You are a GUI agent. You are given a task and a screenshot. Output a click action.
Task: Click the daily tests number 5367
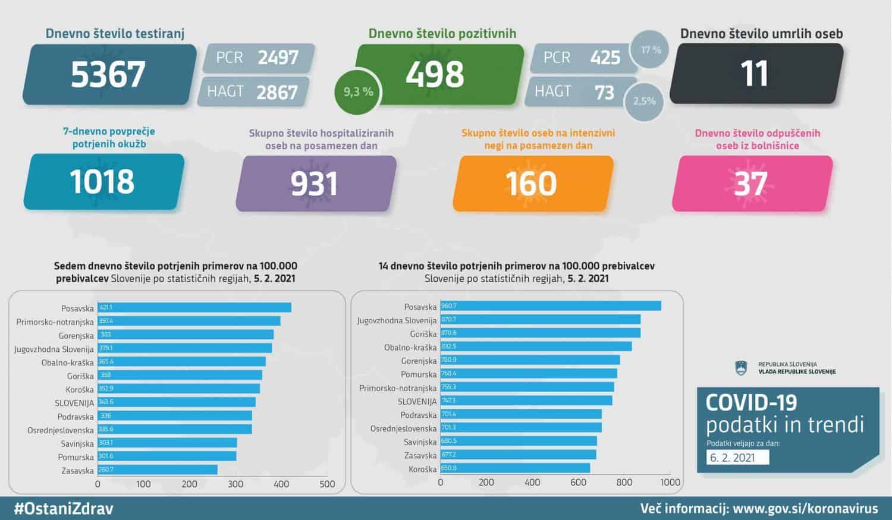(x=108, y=74)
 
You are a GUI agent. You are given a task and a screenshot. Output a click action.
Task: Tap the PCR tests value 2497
(x=278, y=58)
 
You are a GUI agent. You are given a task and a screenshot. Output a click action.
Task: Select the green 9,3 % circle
(x=358, y=92)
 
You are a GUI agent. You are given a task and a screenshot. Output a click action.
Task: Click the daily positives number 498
(x=435, y=74)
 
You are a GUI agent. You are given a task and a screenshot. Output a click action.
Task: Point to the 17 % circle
(x=651, y=50)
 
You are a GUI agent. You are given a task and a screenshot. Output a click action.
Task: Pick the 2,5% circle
(x=644, y=101)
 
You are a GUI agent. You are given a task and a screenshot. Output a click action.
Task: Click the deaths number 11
(x=755, y=74)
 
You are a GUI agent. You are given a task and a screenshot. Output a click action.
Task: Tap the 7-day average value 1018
(x=102, y=182)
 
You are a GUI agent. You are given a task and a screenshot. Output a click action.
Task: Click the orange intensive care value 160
(x=531, y=184)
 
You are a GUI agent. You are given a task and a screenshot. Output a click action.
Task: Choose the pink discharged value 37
(x=750, y=184)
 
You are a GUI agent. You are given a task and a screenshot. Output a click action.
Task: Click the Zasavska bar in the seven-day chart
(x=158, y=470)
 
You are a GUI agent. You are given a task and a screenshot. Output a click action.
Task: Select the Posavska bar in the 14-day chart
(x=550, y=306)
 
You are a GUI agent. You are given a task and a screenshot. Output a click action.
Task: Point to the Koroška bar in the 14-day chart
(x=515, y=468)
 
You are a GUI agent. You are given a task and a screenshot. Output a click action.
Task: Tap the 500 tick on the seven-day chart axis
(x=327, y=484)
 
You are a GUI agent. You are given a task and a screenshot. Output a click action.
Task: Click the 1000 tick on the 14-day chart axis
(x=670, y=483)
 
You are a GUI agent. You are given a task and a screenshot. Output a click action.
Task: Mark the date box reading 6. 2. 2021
(x=738, y=457)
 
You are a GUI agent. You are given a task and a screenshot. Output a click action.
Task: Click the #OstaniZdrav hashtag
(x=63, y=509)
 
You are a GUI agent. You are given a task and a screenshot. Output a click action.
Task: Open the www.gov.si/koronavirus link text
(x=805, y=509)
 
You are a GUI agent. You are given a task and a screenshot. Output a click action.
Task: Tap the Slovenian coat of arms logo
(x=741, y=368)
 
